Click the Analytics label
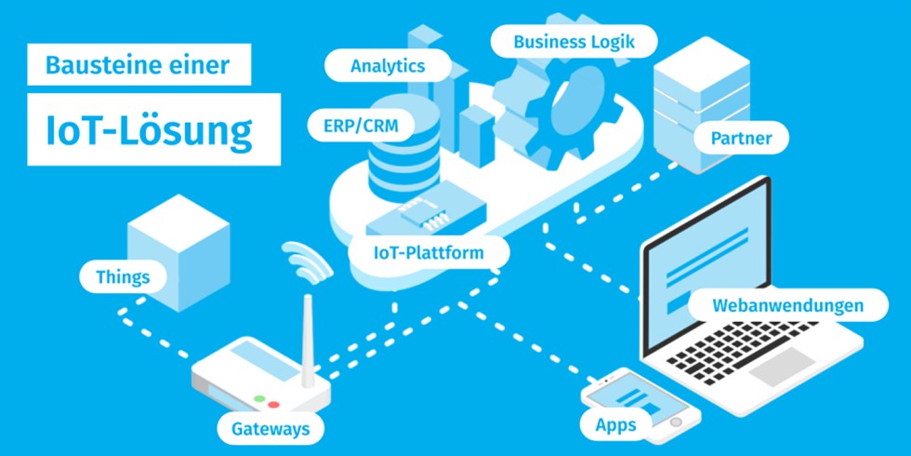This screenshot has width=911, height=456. click(x=388, y=66)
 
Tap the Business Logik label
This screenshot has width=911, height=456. click(x=573, y=42)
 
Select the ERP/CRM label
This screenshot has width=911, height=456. click(x=361, y=127)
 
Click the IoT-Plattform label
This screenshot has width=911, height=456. click(x=429, y=251)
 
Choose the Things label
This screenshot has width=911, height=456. click(x=123, y=276)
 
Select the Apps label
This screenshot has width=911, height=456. click(x=614, y=425)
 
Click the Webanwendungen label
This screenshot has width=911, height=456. click(x=787, y=305)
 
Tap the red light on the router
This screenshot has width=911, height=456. click(x=275, y=406)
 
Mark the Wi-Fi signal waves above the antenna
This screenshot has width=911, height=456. click(x=308, y=260)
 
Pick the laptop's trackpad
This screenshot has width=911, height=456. click(x=786, y=370)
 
